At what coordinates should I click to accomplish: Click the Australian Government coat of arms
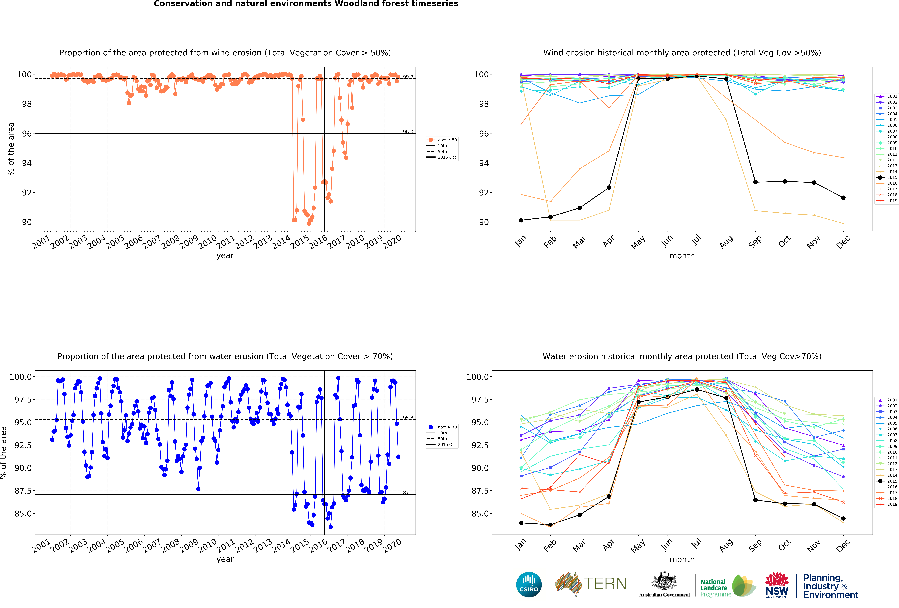tap(664, 581)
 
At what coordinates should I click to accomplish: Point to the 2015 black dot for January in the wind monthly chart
tap(521, 220)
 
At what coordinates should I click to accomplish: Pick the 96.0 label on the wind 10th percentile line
tap(408, 132)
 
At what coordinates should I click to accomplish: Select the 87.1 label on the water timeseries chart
tap(408, 493)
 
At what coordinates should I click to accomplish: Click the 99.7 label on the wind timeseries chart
tap(408, 77)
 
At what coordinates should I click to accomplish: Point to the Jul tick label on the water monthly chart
tap(696, 544)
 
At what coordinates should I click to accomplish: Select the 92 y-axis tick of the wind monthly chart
tap(483, 192)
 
